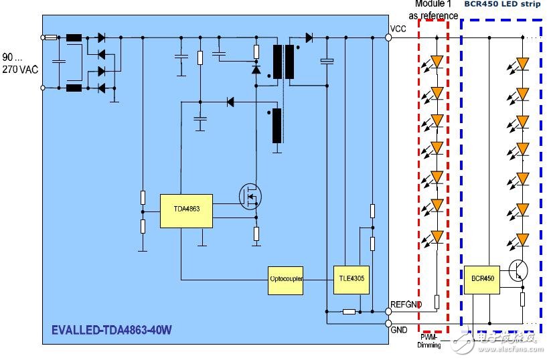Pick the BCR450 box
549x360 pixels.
(482, 279)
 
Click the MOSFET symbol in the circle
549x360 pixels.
(250, 196)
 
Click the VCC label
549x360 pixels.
(398, 28)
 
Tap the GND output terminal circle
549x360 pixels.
(388, 323)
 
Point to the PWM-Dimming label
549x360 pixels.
(428, 341)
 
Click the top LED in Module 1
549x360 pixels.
(437, 62)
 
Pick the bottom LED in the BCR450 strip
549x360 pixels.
(522, 239)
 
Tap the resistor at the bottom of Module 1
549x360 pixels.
(437, 302)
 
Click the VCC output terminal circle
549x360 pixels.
(388, 37)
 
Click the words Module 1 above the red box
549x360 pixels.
(434, 5)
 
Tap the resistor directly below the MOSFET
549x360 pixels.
(256, 233)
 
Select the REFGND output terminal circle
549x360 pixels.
(388, 311)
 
